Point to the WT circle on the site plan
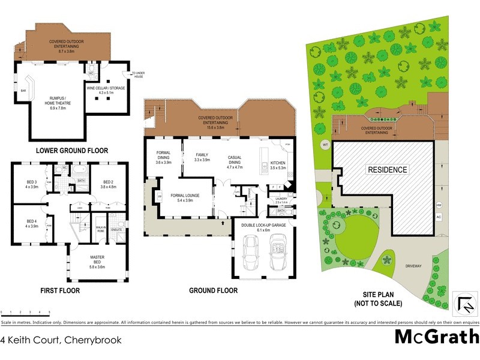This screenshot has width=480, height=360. point(326,145)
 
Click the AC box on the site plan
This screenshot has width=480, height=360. point(439,217)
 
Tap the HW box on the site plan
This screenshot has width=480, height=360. point(439,205)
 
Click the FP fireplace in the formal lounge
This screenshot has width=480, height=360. point(160,196)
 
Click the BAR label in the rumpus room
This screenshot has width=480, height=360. point(24,92)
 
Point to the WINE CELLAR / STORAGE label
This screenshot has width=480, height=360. point(100,91)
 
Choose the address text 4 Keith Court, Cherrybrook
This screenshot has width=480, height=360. point(61,340)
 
